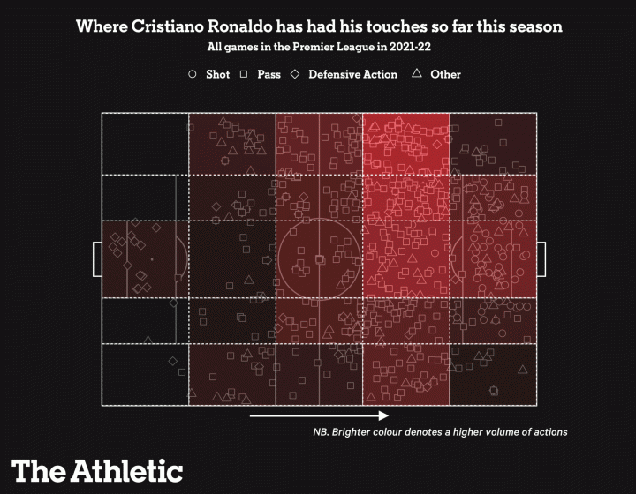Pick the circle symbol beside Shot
click(x=193, y=75)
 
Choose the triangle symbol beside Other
click(x=417, y=74)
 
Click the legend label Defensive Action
click(x=353, y=75)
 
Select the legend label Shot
click(x=217, y=75)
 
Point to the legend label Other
click(x=445, y=75)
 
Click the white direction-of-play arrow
click(x=319, y=415)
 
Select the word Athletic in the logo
click(x=126, y=469)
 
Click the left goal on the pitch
click(x=96, y=258)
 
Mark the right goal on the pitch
click(x=541, y=258)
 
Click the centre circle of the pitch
click(x=319, y=258)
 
